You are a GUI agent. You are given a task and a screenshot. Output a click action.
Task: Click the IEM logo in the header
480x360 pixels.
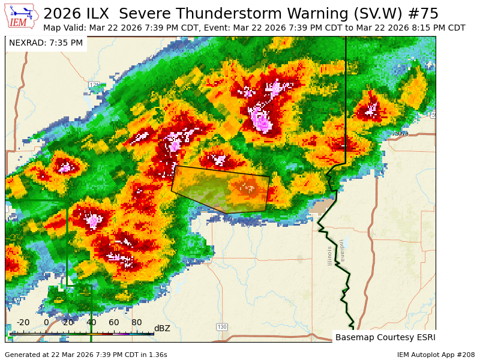tap(22, 16)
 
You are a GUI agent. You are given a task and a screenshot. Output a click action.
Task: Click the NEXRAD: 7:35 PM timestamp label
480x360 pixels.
tap(46, 43)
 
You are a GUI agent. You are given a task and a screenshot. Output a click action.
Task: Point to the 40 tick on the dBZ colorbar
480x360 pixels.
tap(92, 322)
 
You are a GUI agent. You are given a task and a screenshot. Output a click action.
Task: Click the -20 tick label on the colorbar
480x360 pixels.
tap(23, 322)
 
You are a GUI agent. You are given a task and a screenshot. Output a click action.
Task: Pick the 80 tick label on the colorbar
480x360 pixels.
tap(137, 322)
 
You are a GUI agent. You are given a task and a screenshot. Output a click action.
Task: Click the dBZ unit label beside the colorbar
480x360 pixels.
tap(162, 328)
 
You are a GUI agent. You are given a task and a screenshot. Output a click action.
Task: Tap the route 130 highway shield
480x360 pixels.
tap(222, 326)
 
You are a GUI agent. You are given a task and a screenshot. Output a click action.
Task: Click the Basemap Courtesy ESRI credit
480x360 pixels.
tap(385, 337)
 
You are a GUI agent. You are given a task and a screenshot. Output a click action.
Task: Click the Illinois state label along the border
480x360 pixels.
tap(329, 254)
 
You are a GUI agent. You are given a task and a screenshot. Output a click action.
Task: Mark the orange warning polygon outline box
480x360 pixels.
tap(220, 189)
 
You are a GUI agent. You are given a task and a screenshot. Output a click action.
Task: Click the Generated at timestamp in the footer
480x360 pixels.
tap(86, 355)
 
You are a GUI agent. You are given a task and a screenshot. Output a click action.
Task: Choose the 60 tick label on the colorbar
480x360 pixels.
tap(114, 322)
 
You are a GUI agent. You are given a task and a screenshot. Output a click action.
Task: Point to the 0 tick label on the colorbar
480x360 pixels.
tap(46, 322)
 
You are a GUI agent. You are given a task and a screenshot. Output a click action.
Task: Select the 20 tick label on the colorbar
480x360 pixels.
tap(68, 322)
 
